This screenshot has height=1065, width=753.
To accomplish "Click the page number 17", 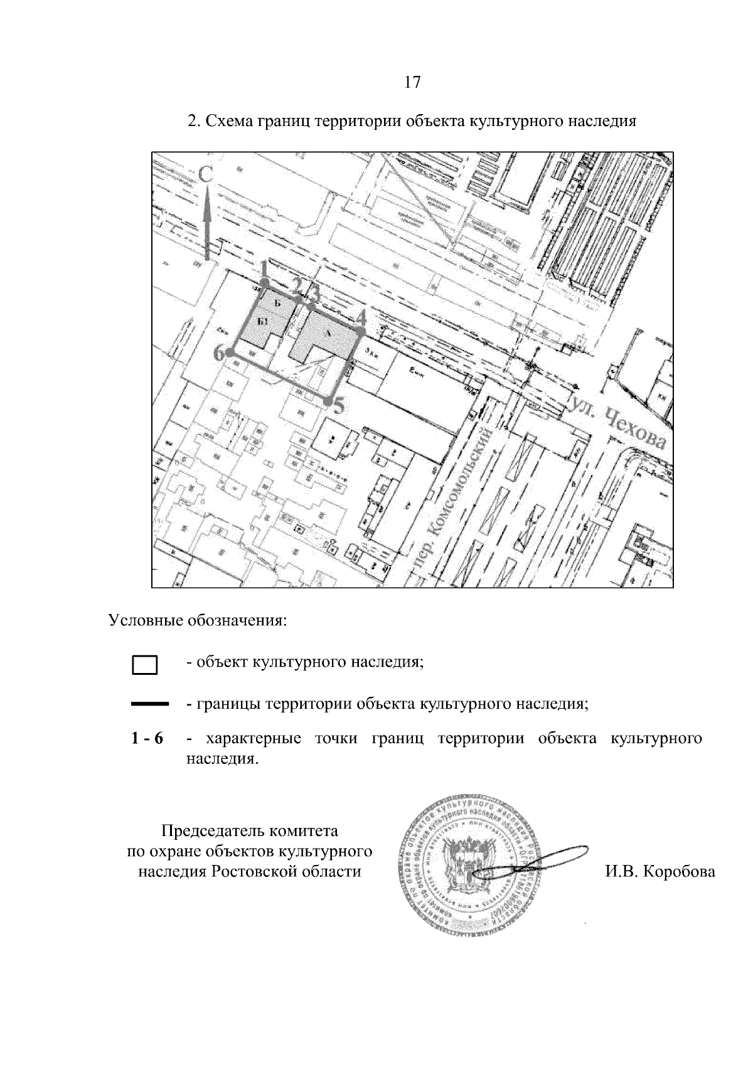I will tap(412, 82).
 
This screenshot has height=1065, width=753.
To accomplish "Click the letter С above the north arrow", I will tap(206, 176).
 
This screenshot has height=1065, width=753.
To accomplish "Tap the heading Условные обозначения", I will tap(198, 622).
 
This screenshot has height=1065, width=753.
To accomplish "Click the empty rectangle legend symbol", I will tap(145, 665).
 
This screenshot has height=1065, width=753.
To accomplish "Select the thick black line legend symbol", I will tap(150, 705).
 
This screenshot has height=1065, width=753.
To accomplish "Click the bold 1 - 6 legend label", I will tap(147, 739).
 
